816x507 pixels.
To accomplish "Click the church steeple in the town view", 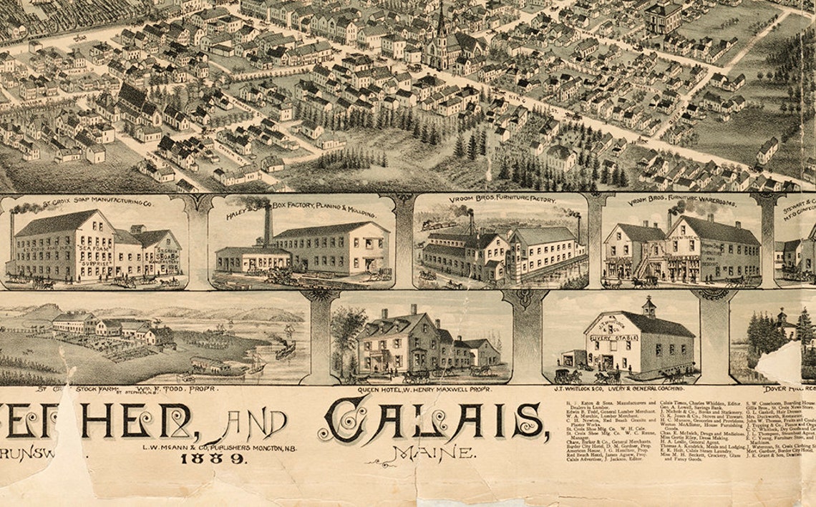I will (441, 21).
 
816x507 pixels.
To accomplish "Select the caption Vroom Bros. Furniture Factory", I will (502, 200).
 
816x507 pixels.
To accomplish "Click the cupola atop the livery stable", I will (649, 307).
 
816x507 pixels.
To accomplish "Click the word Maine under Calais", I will (432, 453).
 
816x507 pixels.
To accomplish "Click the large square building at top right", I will (664, 17).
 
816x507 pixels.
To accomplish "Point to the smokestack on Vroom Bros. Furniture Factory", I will (471, 222).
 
